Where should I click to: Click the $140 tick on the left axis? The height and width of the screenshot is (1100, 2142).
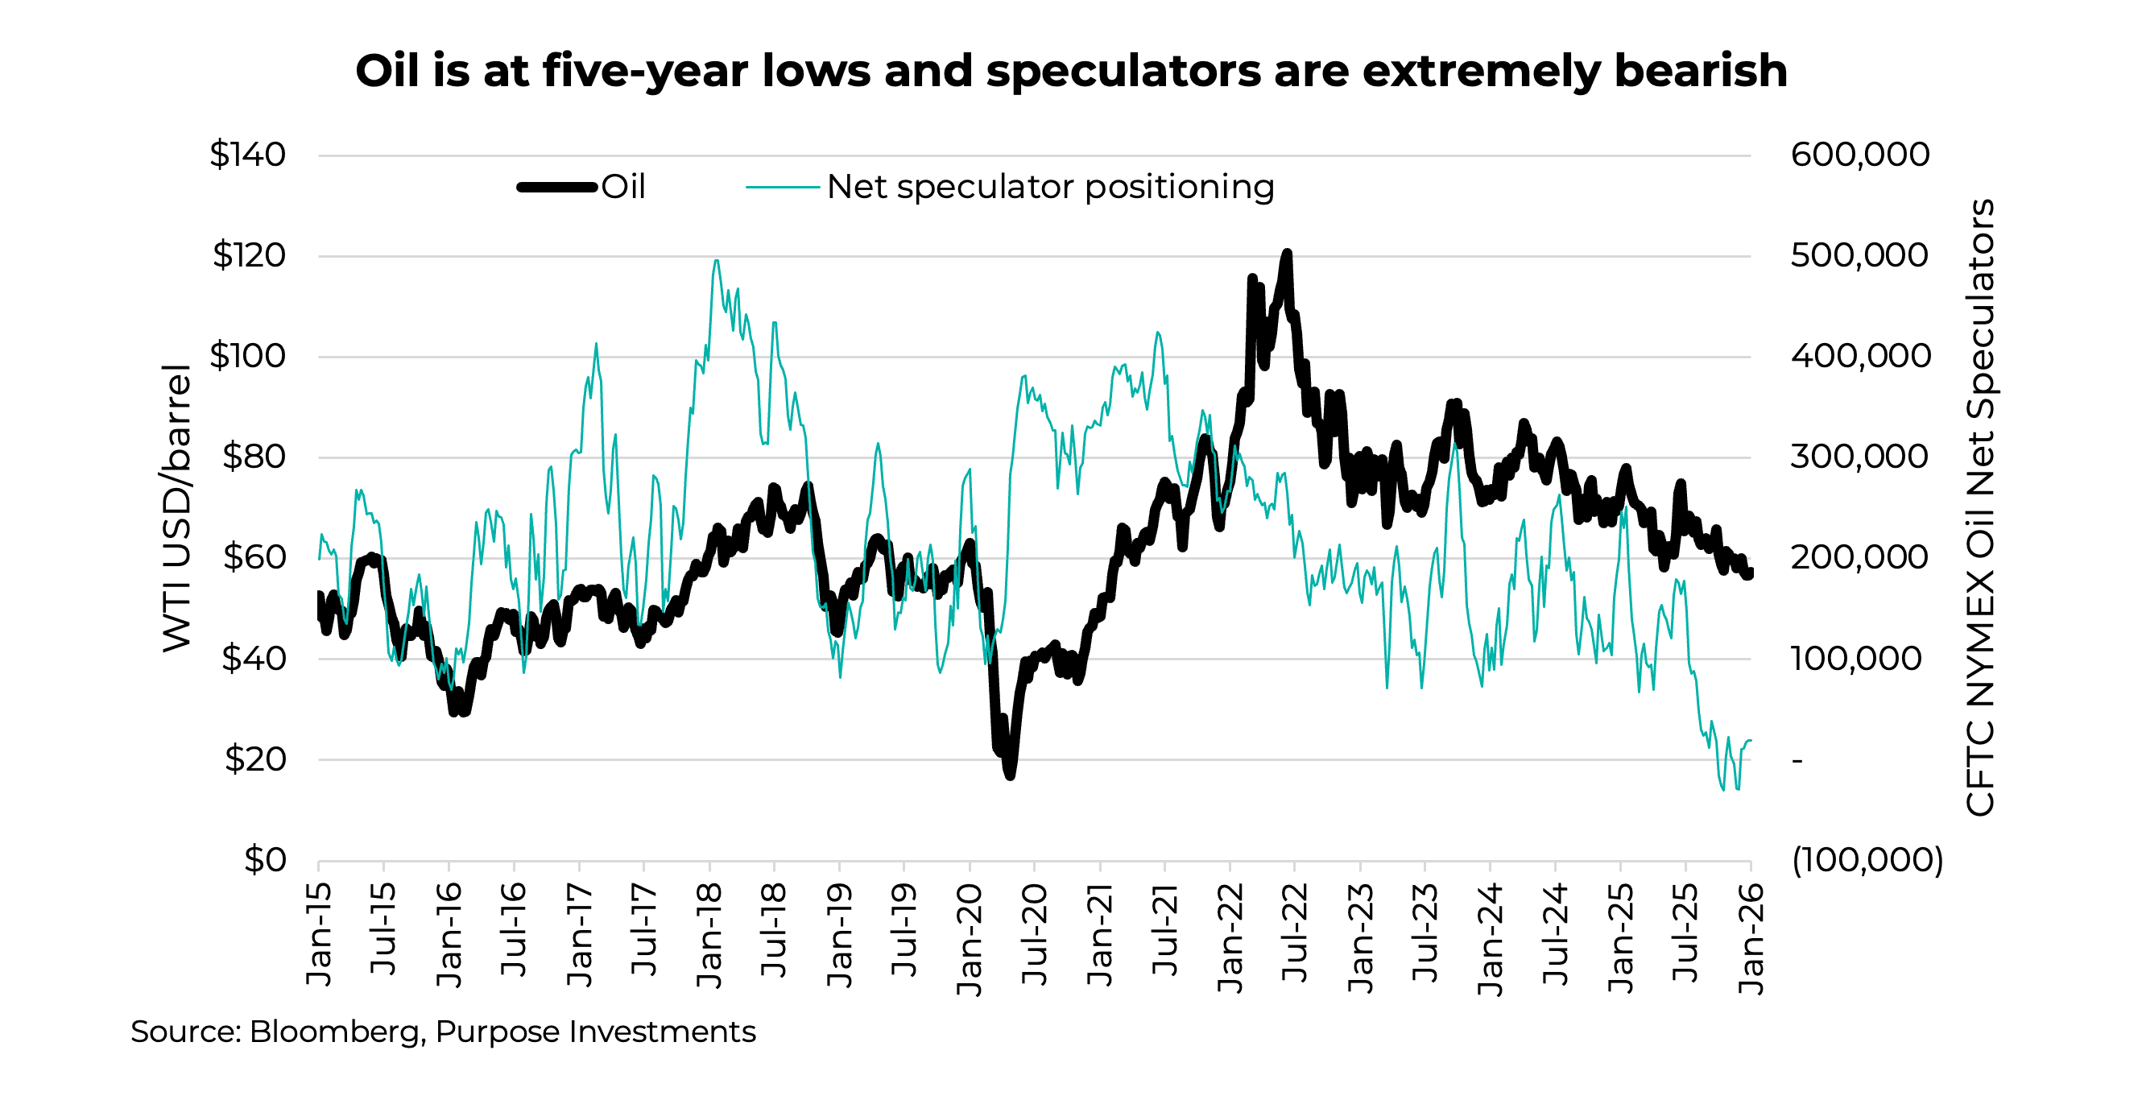click(247, 155)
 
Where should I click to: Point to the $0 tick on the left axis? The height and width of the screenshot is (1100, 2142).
click(264, 860)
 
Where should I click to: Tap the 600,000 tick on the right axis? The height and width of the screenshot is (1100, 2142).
click(1859, 155)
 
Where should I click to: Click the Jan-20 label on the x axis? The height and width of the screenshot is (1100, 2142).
click(970, 940)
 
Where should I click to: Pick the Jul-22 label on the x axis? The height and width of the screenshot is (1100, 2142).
click(1295, 933)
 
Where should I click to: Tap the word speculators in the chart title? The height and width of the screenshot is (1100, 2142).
click(1123, 71)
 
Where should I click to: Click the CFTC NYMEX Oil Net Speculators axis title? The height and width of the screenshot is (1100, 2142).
click(1979, 507)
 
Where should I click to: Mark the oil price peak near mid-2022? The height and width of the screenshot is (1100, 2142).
click(1287, 252)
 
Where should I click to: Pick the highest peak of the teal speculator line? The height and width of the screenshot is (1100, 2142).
click(716, 260)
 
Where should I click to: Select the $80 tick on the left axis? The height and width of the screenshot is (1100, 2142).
click(254, 457)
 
